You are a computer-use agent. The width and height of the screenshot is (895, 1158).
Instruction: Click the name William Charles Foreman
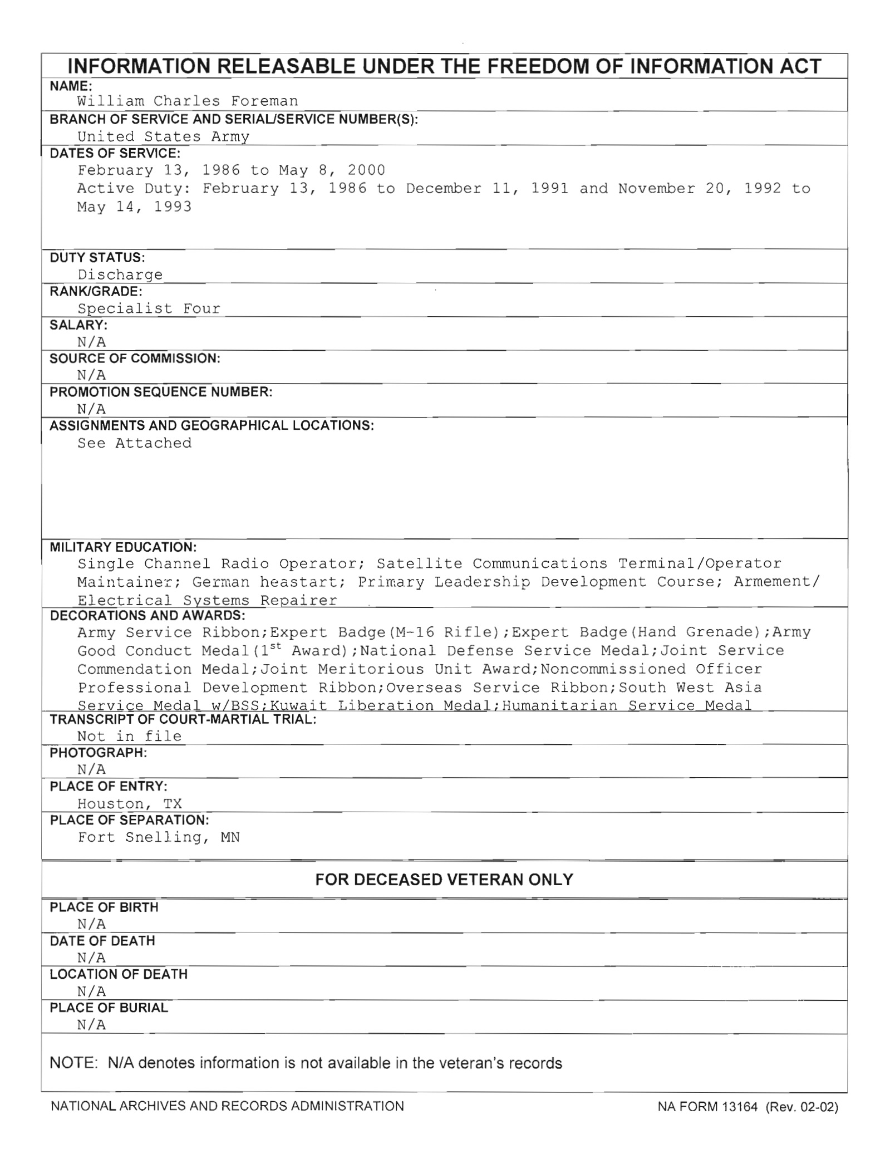coord(188,101)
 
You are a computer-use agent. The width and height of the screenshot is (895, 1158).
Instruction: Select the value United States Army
coord(163,136)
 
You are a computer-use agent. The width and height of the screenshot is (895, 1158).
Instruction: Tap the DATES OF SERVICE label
coord(115,153)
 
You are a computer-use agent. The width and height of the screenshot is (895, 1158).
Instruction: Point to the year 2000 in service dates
coord(366,170)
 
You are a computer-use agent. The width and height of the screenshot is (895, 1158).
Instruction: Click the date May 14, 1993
coord(134,207)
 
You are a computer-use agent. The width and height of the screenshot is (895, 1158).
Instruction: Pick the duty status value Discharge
coord(120,274)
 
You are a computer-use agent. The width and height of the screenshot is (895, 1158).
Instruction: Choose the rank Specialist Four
coord(149,308)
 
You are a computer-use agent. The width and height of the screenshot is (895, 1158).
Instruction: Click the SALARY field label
coord(78,325)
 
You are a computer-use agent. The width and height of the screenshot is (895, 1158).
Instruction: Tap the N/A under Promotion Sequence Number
coord(91,409)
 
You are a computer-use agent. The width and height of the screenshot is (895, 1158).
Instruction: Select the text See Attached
coord(134,443)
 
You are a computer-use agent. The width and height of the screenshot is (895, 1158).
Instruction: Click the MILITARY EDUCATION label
coord(123,547)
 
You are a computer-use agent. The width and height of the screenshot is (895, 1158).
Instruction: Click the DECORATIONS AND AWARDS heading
coord(147,615)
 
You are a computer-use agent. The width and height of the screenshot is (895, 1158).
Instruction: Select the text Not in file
coord(129,736)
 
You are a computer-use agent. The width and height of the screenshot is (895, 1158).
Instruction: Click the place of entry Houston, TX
coord(129,803)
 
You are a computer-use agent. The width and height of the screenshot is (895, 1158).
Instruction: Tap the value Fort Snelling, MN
coord(159,837)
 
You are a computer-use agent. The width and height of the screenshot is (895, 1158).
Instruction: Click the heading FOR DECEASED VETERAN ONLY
coord(444,880)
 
